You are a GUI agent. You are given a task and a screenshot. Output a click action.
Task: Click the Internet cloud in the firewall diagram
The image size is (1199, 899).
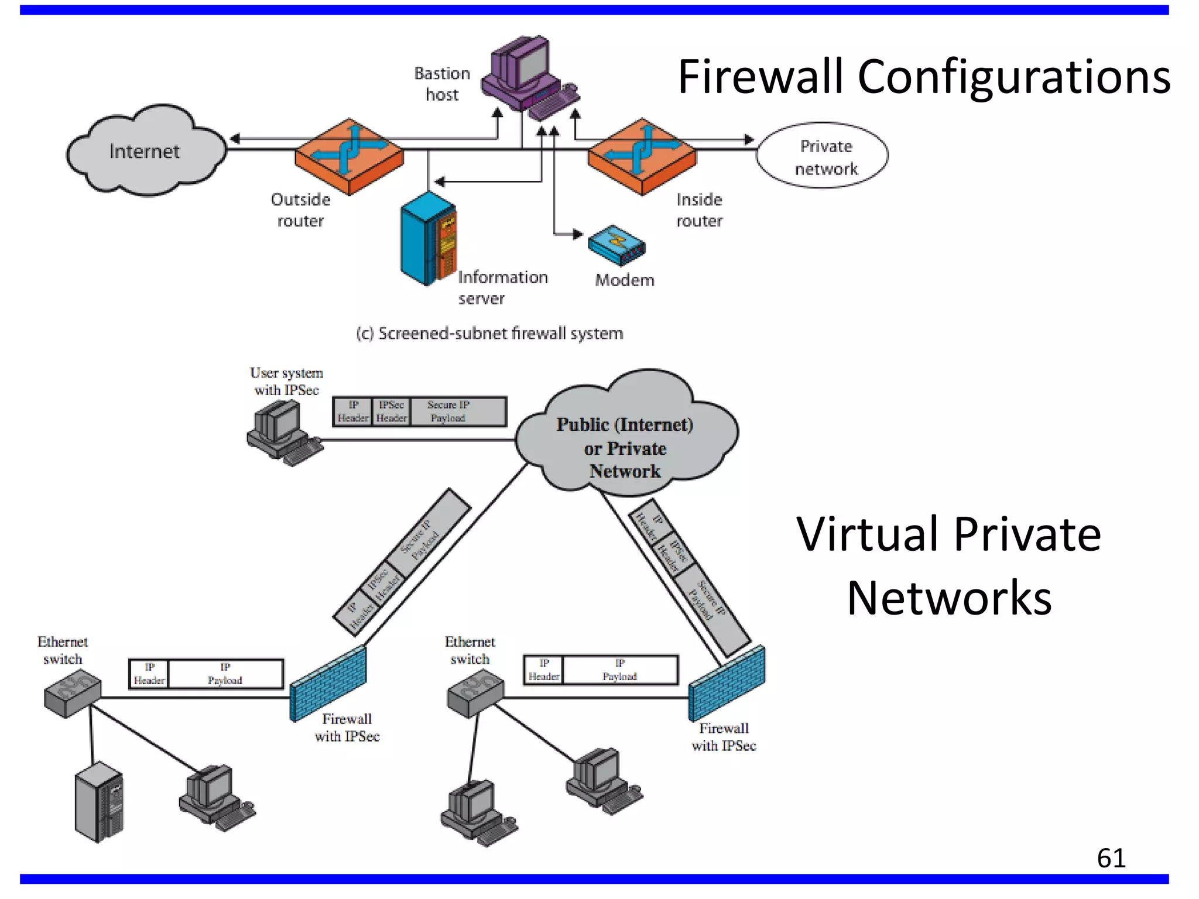(x=145, y=151)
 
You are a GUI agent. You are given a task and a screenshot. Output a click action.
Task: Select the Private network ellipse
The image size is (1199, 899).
(x=823, y=156)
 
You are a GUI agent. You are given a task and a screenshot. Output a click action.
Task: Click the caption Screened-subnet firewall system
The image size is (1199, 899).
(x=489, y=334)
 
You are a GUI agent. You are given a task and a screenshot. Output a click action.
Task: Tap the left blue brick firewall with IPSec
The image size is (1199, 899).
(x=328, y=684)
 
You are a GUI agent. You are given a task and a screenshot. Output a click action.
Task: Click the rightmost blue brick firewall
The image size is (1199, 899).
(x=726, y=684)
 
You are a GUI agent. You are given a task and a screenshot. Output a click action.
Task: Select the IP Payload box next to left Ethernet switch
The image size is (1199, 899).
(x=225, y=674)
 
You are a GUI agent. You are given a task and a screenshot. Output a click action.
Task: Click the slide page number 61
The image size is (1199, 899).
(x=1111, y=858)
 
